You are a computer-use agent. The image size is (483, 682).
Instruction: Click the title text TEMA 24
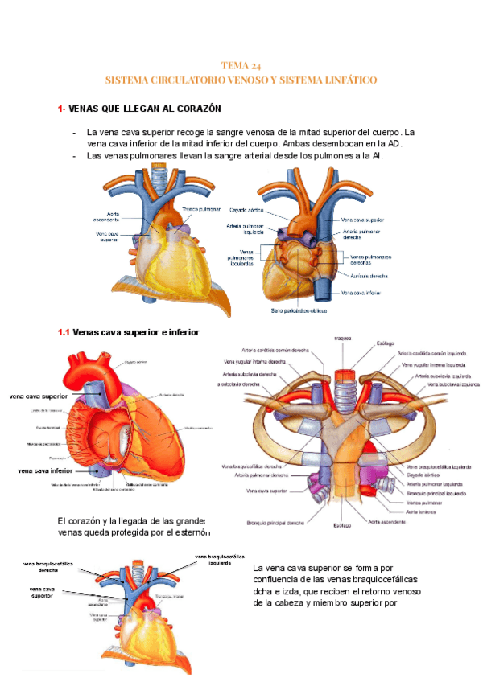point(241,66)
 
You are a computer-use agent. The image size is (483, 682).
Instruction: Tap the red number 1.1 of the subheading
point(64,331)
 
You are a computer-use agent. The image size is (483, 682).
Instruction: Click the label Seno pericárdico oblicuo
point(300,310)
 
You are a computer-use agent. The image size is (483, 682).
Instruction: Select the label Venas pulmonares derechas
point(371,260)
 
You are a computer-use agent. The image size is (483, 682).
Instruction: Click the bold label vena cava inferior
point(44,470)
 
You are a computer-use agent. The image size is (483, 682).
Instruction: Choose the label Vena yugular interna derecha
point(250,362)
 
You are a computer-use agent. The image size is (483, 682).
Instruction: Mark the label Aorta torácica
point(422,512)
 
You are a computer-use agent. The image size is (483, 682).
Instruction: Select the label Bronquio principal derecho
point(273,524)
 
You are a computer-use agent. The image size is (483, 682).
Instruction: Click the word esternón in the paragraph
point(192,532)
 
